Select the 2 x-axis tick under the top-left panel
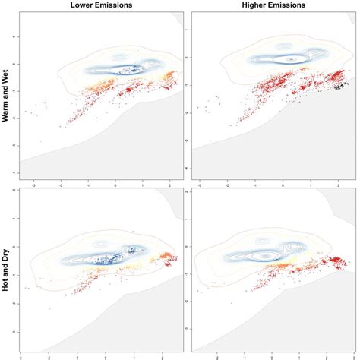click(169, 185)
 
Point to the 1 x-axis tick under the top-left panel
click(143, 185)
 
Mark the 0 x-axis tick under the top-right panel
click(285, 185)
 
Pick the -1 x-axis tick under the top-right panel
click(257, 185)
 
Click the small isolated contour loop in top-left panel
click(121, 57)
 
